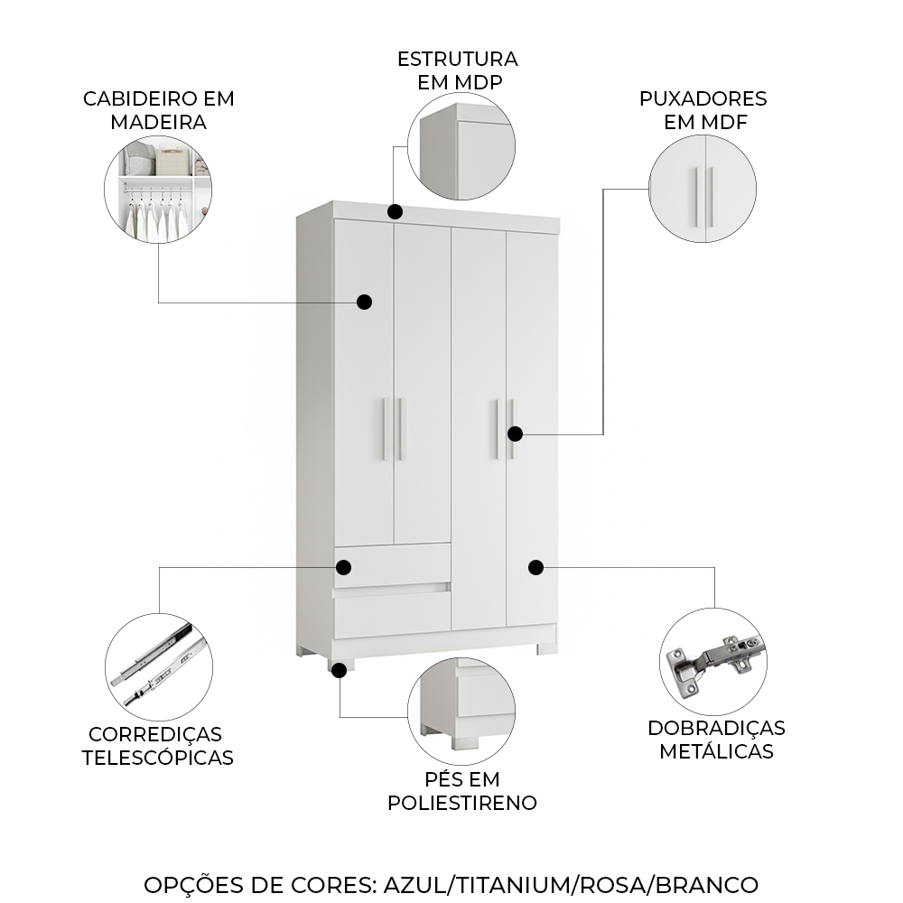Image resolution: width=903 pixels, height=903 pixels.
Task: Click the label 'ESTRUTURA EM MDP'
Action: coord(458,70)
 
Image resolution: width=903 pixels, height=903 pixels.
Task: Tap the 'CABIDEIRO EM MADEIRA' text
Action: coord(159,110)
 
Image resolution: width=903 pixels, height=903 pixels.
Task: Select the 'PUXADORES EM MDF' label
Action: coord(703,110)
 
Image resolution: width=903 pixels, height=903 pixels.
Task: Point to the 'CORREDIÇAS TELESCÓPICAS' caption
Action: coord(158,746)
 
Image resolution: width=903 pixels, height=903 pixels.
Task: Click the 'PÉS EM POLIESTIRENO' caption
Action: coord(462,790)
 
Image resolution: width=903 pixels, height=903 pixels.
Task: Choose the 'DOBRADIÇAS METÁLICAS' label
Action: coord(716,739)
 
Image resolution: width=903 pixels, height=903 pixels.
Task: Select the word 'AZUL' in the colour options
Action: coord(416,884)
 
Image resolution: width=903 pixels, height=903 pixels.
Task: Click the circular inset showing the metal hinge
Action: coord(713,662)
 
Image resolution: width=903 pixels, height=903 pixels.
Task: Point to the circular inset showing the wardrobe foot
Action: coord(461,711)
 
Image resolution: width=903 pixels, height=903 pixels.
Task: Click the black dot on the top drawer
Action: coord(343,567)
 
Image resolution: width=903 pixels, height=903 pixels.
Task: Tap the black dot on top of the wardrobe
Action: coord(395,211)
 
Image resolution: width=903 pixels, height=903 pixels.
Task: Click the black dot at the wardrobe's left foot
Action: coord(339,669)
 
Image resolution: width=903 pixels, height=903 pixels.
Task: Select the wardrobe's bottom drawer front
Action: coord(392,614)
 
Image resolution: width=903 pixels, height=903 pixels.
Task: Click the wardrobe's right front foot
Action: coord(547,648)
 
